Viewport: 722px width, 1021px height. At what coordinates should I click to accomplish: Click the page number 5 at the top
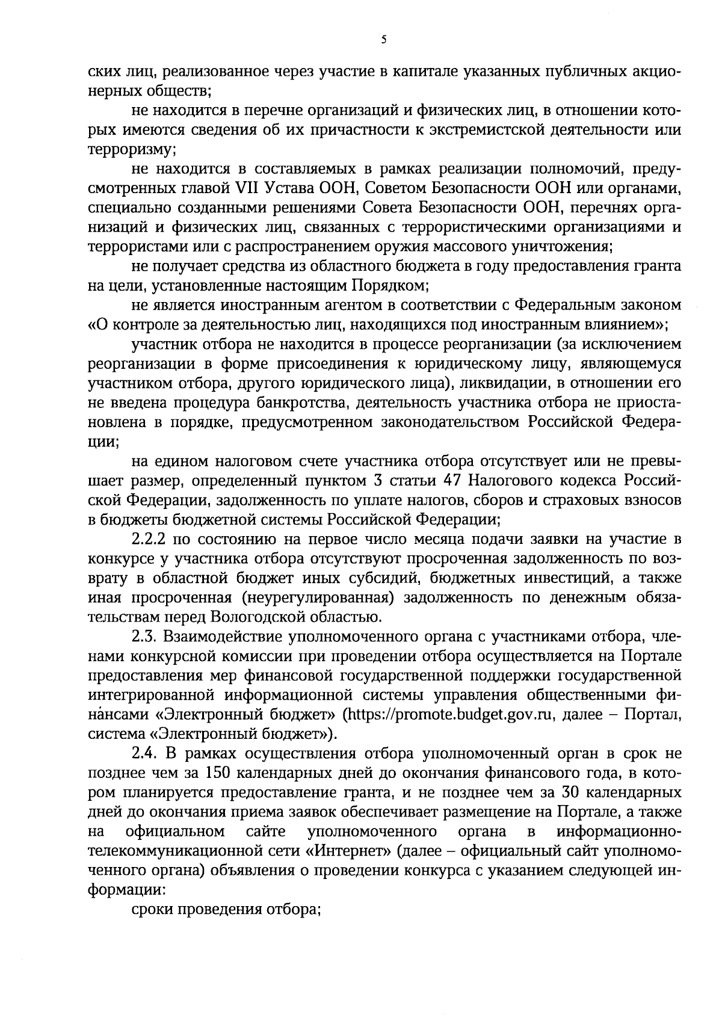384,40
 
